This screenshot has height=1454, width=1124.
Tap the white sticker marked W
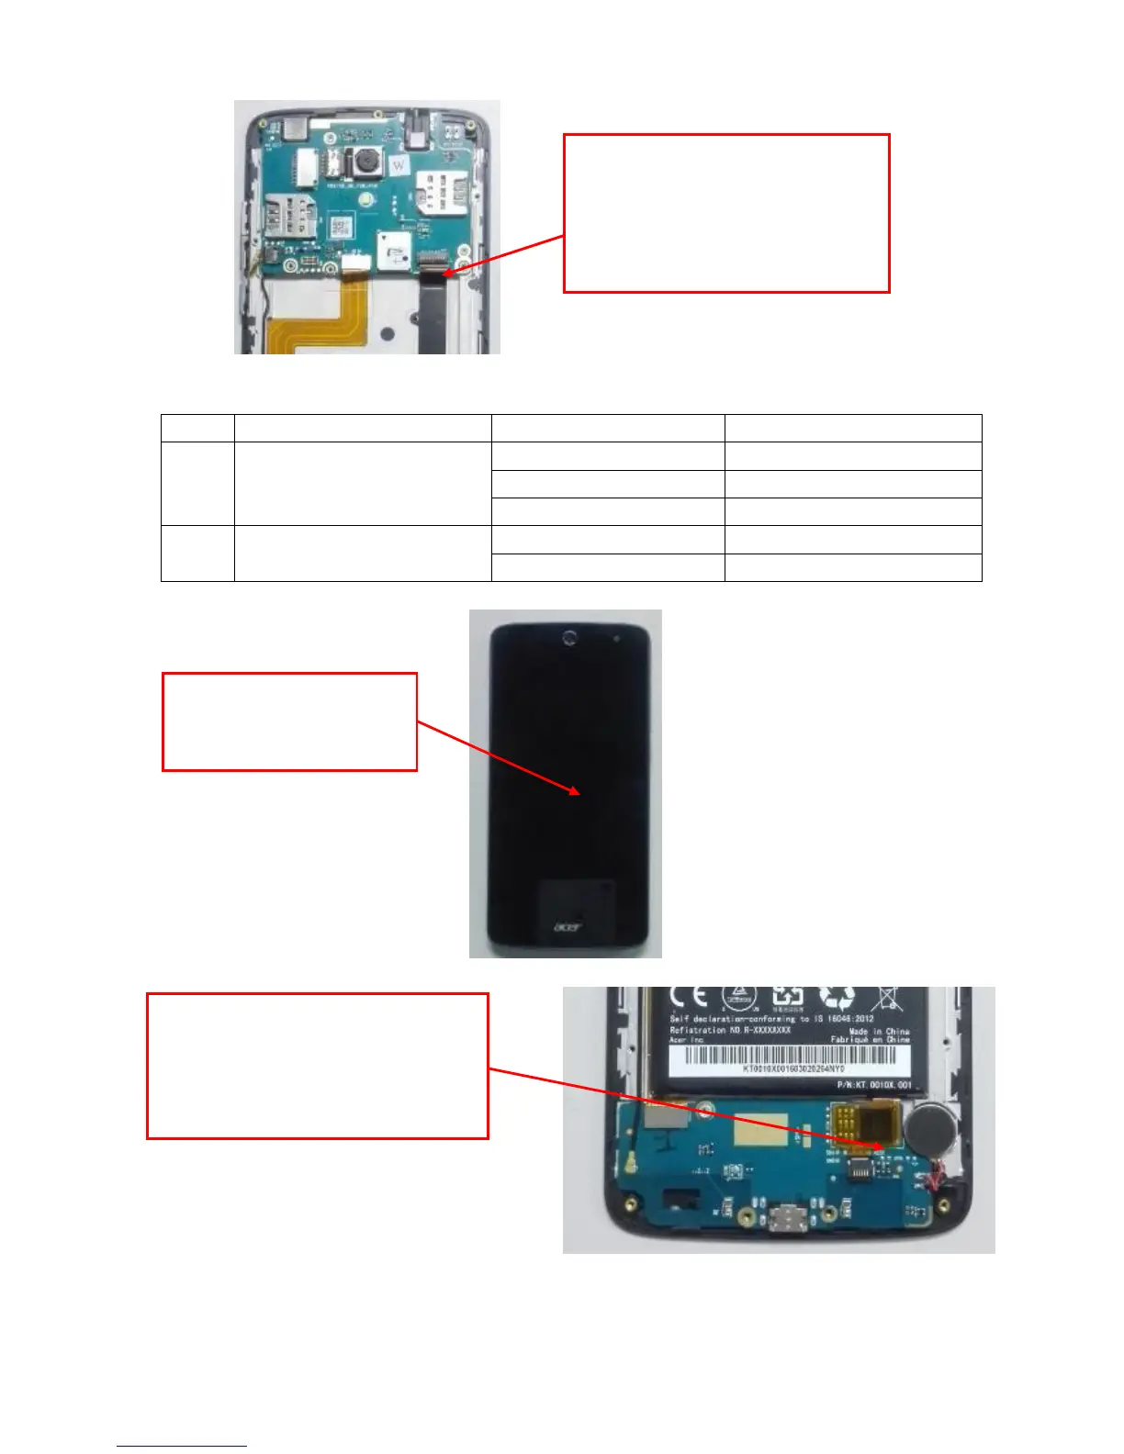[x=399, y=166]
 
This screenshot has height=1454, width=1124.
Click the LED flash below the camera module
[x=366, y=197]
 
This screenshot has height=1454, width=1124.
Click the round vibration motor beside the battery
[x=928, y=1125]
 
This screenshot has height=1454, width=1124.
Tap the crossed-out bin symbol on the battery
[x=887, y=998]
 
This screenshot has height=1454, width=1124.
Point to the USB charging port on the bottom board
[x=791, y=1220]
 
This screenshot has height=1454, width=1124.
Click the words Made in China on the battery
[x=878, y=1031]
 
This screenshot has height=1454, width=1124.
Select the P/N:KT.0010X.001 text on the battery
[x=874, y=1085]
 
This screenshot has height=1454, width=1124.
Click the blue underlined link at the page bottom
[x=182, y=1446]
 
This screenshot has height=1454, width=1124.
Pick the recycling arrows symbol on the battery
[x=837, y=998]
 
